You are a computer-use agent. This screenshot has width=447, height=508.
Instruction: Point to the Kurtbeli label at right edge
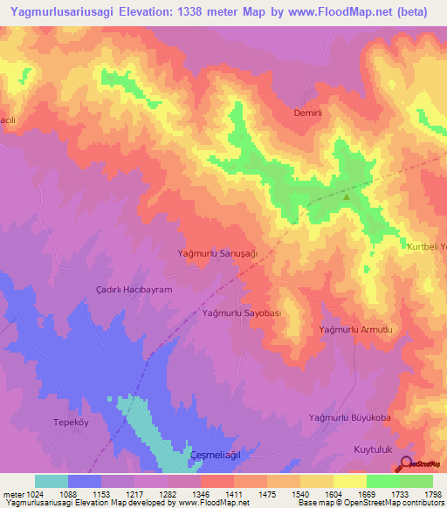coord(427,247)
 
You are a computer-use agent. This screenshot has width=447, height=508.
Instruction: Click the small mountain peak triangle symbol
coord(347,196)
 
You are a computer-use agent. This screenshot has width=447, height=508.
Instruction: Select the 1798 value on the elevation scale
coord(431,493)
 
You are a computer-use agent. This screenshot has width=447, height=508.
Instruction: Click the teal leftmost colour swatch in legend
coord(52,481)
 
